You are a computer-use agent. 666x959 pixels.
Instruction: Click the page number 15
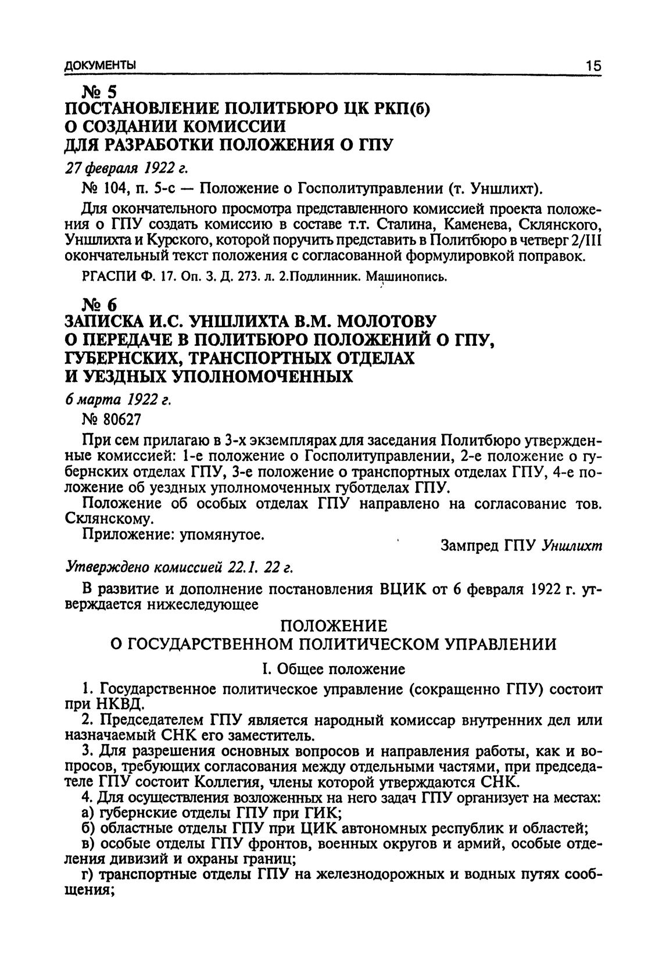click(x=593, y=66)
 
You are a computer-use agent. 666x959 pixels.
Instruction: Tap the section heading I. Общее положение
click(x=334, y=669)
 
